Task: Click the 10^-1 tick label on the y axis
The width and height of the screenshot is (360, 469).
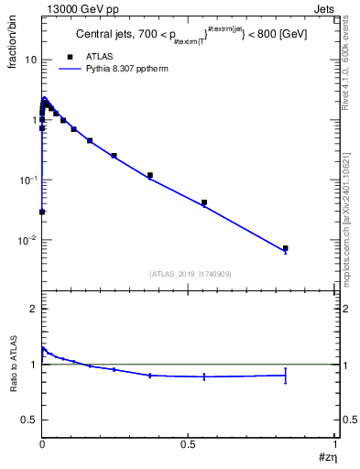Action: click(x=27, y=180)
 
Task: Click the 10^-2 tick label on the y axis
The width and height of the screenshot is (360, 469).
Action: click(x=27, y=241)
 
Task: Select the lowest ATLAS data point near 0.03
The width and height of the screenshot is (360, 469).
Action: click(x=42, y=212)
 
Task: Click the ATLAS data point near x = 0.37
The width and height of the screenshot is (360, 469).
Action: click(x=149, y=175)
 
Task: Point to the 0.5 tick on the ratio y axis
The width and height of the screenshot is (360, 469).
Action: click(x=29, y=420)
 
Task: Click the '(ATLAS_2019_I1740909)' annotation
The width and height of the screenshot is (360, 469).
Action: click(x=189, y=273)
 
